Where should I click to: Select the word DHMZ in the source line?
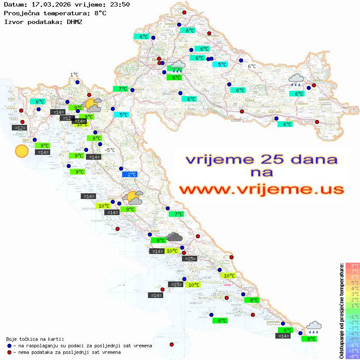pyautogui.click(x=75, y=21)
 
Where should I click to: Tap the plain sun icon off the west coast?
pyautogui.click(x=21, y=151)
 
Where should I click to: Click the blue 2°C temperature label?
pyautogui.click(x=130, y=175)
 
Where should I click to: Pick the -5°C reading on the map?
pyautogui.click(x=110, y=150)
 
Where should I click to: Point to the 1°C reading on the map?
pyautogui.click(x=74, y=75)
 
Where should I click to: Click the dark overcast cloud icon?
pyautogui.click(x=175, y=237)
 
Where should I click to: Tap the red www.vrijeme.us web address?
pyautogui.click(x=261, y=190)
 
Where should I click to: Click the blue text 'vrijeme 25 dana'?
pyautogui.click(x=261, y=159)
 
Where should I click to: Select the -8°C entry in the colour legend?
pyautogui.click(x=353, y=357)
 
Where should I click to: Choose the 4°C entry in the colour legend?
pyautogui.click(x=353, y=288)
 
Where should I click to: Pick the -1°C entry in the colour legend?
pyautogui.click(x=353, y=316)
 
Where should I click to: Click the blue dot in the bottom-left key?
pyautogui.click(x=9, y=346)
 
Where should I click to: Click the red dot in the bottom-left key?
pyautogui.click(x=9, y=352)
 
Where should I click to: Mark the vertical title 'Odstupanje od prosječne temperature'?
pyautogui.click(x=341, y=311)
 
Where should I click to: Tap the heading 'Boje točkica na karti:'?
pyautogui.click(x=35, y=339)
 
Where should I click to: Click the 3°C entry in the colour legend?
pyautogui.click(x=353, y=294)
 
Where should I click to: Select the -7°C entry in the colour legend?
pyautogui.click(x=353, y=351)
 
